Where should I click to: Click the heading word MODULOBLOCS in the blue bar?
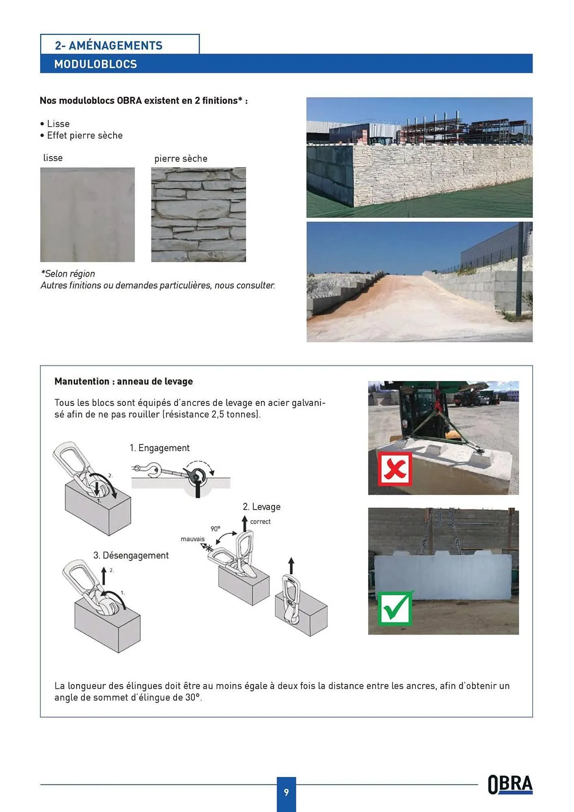coord(95,64)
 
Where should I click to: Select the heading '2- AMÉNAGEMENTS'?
coord(109,45)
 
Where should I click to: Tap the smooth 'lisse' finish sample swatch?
coord(87,214)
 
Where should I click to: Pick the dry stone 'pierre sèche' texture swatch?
coord(199,214)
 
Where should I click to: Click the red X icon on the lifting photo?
coord(395,469)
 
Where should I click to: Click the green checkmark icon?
coord(395,608)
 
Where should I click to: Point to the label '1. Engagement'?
coord(160,448)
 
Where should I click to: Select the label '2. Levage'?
coord(261,507)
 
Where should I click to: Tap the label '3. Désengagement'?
coord(131,555)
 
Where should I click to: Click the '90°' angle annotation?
coord(215,529)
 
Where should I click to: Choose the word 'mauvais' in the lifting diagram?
coord(192,539)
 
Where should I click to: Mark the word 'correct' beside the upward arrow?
coord(260,522)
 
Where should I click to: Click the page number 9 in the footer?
coord(286,792)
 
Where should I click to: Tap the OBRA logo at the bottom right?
coord(510,784)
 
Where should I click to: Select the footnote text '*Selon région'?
coord(68,274)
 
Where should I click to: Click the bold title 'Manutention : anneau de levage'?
coord(123,381)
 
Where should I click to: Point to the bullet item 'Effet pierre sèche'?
coord(84,136)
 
